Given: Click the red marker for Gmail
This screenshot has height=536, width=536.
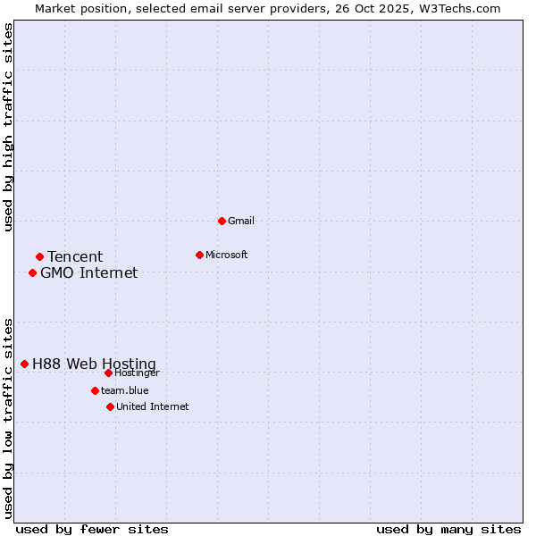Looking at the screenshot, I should click(x=222, y=221).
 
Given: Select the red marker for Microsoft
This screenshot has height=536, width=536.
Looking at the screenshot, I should click(x=199, y=255).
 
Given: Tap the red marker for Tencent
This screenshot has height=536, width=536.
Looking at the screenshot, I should click(x=39, y=257).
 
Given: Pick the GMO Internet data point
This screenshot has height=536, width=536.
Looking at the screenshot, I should click(x=32, y=272).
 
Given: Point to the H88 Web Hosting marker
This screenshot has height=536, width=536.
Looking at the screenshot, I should click(x=24, y=364).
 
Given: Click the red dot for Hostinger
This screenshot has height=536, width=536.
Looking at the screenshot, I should click(x=108, y=373).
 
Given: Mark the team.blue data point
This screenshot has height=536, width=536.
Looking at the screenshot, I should click(x=95, y=390).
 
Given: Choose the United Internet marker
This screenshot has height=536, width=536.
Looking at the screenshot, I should click(x=110, y=406).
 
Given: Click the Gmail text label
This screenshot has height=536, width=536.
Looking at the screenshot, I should click(x=241, y=221).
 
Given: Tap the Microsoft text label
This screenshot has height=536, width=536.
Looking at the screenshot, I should click(x=227, y=255).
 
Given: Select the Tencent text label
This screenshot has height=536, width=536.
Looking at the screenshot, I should click(x=75, y=257).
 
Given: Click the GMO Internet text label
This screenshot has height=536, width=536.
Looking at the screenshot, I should click(x=89, y=273).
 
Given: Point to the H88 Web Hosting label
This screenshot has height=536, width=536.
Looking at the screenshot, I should click(x=94, y=364).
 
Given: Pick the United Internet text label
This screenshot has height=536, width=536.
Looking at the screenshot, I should click(x=153, y=406).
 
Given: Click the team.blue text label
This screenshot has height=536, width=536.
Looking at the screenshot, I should click(x=125, y=390).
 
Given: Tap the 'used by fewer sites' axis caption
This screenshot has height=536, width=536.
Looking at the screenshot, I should click(x=92, y=529).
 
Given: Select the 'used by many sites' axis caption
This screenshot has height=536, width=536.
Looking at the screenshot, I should click(x=448, y=529).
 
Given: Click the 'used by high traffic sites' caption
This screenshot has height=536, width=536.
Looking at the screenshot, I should click(x=8, y=127).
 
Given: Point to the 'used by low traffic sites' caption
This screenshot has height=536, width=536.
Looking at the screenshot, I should click(x=8, y=418).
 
